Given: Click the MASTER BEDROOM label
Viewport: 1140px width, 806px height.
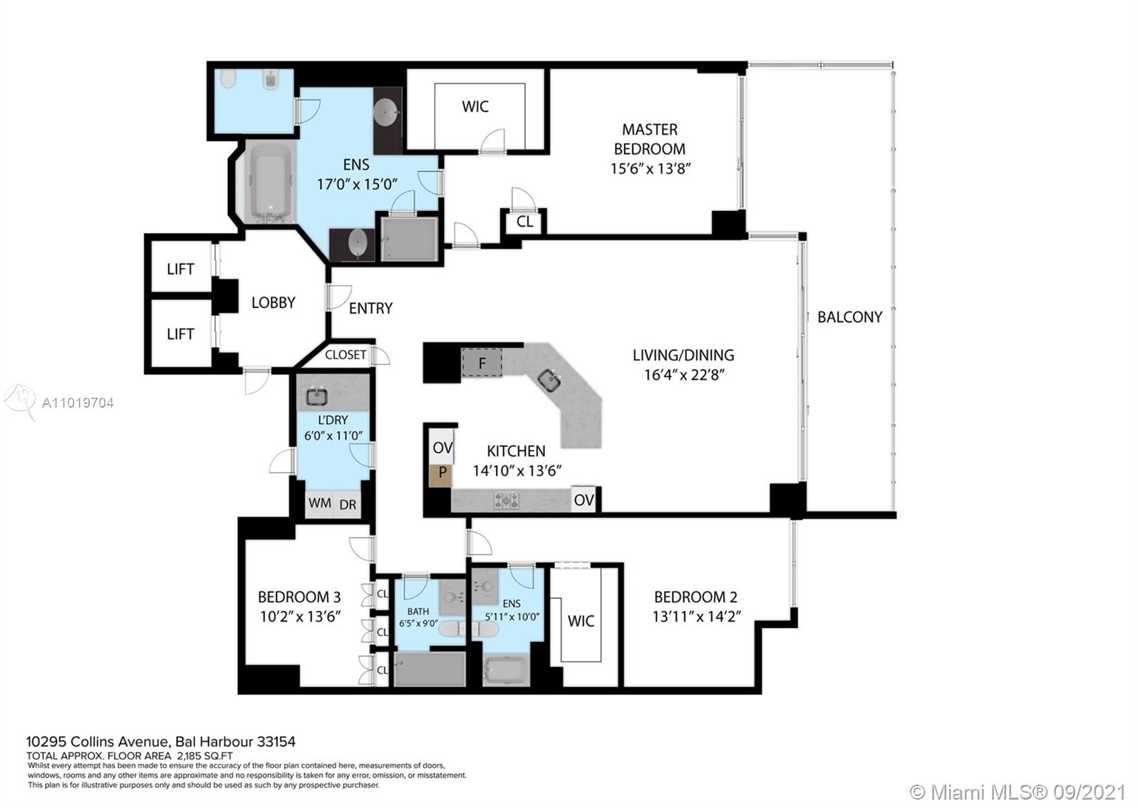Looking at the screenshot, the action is click(650, 139).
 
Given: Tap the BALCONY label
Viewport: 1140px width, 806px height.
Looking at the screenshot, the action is click(849, 317).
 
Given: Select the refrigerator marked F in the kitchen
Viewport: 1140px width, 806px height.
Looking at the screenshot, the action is click(482, 363).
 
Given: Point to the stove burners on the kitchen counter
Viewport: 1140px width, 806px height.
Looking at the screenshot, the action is click(506, 500).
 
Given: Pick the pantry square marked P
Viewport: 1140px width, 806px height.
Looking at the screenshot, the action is click(441, 473).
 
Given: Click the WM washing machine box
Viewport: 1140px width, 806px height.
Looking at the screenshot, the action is click(320, 503).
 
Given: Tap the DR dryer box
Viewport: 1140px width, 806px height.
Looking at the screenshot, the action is click(348, 504).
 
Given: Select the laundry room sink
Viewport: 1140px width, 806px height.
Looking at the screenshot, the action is click(316, 396).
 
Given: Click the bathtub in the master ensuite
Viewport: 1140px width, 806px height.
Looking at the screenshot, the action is click(270, 182).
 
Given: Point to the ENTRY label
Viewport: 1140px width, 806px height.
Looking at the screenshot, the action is click(370, 308).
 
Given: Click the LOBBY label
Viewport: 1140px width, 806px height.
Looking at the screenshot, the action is click(274, 302).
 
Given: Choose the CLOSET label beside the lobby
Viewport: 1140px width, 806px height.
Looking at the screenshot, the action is click(346, 355).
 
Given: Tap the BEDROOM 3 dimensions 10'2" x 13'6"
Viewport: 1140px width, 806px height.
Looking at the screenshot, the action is click(300, 616).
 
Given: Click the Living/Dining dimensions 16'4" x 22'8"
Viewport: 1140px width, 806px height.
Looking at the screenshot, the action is click(683, 375).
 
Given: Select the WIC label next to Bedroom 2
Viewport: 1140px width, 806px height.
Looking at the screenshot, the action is click(581, 621).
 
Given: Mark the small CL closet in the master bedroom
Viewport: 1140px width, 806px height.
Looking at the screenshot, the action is click(524, 222).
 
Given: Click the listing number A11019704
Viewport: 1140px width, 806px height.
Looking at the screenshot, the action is click(78, 403).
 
